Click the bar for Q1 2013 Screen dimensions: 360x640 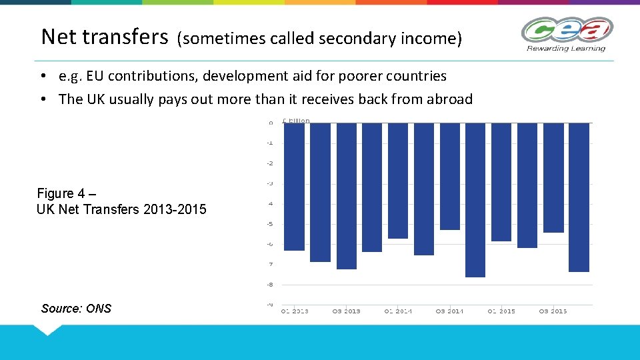pyautogui.click(x=294, y=187)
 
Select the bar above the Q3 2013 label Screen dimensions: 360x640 pyautogui.click(x=346, y=196)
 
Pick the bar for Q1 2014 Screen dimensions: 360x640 pyautogui.click(x=398, y=180)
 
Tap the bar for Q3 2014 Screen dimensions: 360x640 pyautogui.click(x=450, y=176)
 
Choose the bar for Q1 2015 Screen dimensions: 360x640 pyautogui.click(x=501, y=181)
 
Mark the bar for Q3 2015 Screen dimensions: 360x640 pyautogui.click(x=553, y=177)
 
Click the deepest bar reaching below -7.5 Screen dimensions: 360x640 pyautogui.click(x=475, y=200)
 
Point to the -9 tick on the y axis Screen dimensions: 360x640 pyautogui.click(x=270, y=305)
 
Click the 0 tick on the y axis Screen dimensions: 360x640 pyautogui.click(x=270, y=123)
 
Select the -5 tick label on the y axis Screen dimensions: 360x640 pyautogui.click(x=270, y=224)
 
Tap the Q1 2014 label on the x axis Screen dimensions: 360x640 pyautogui.click(x=398, y=311)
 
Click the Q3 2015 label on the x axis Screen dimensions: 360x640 pyautogui.click(x=553, y=311)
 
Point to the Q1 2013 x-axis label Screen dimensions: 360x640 pyautogui.click(x=295, y=311)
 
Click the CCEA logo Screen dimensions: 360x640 pyautogui.click(x=567, y=33)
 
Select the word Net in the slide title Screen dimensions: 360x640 pyautogui.click(x=59, y=37)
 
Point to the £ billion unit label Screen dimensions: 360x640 pyautogui.click(x=296, y=121)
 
